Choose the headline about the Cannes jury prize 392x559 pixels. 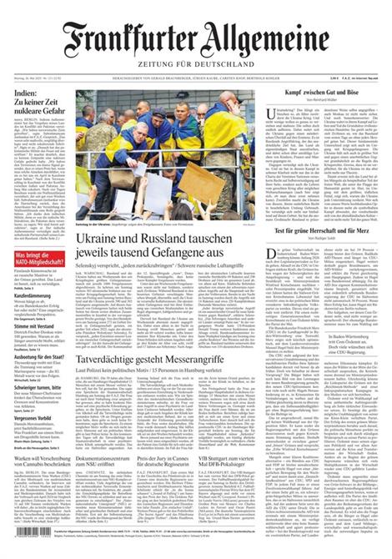click(175, 463)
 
